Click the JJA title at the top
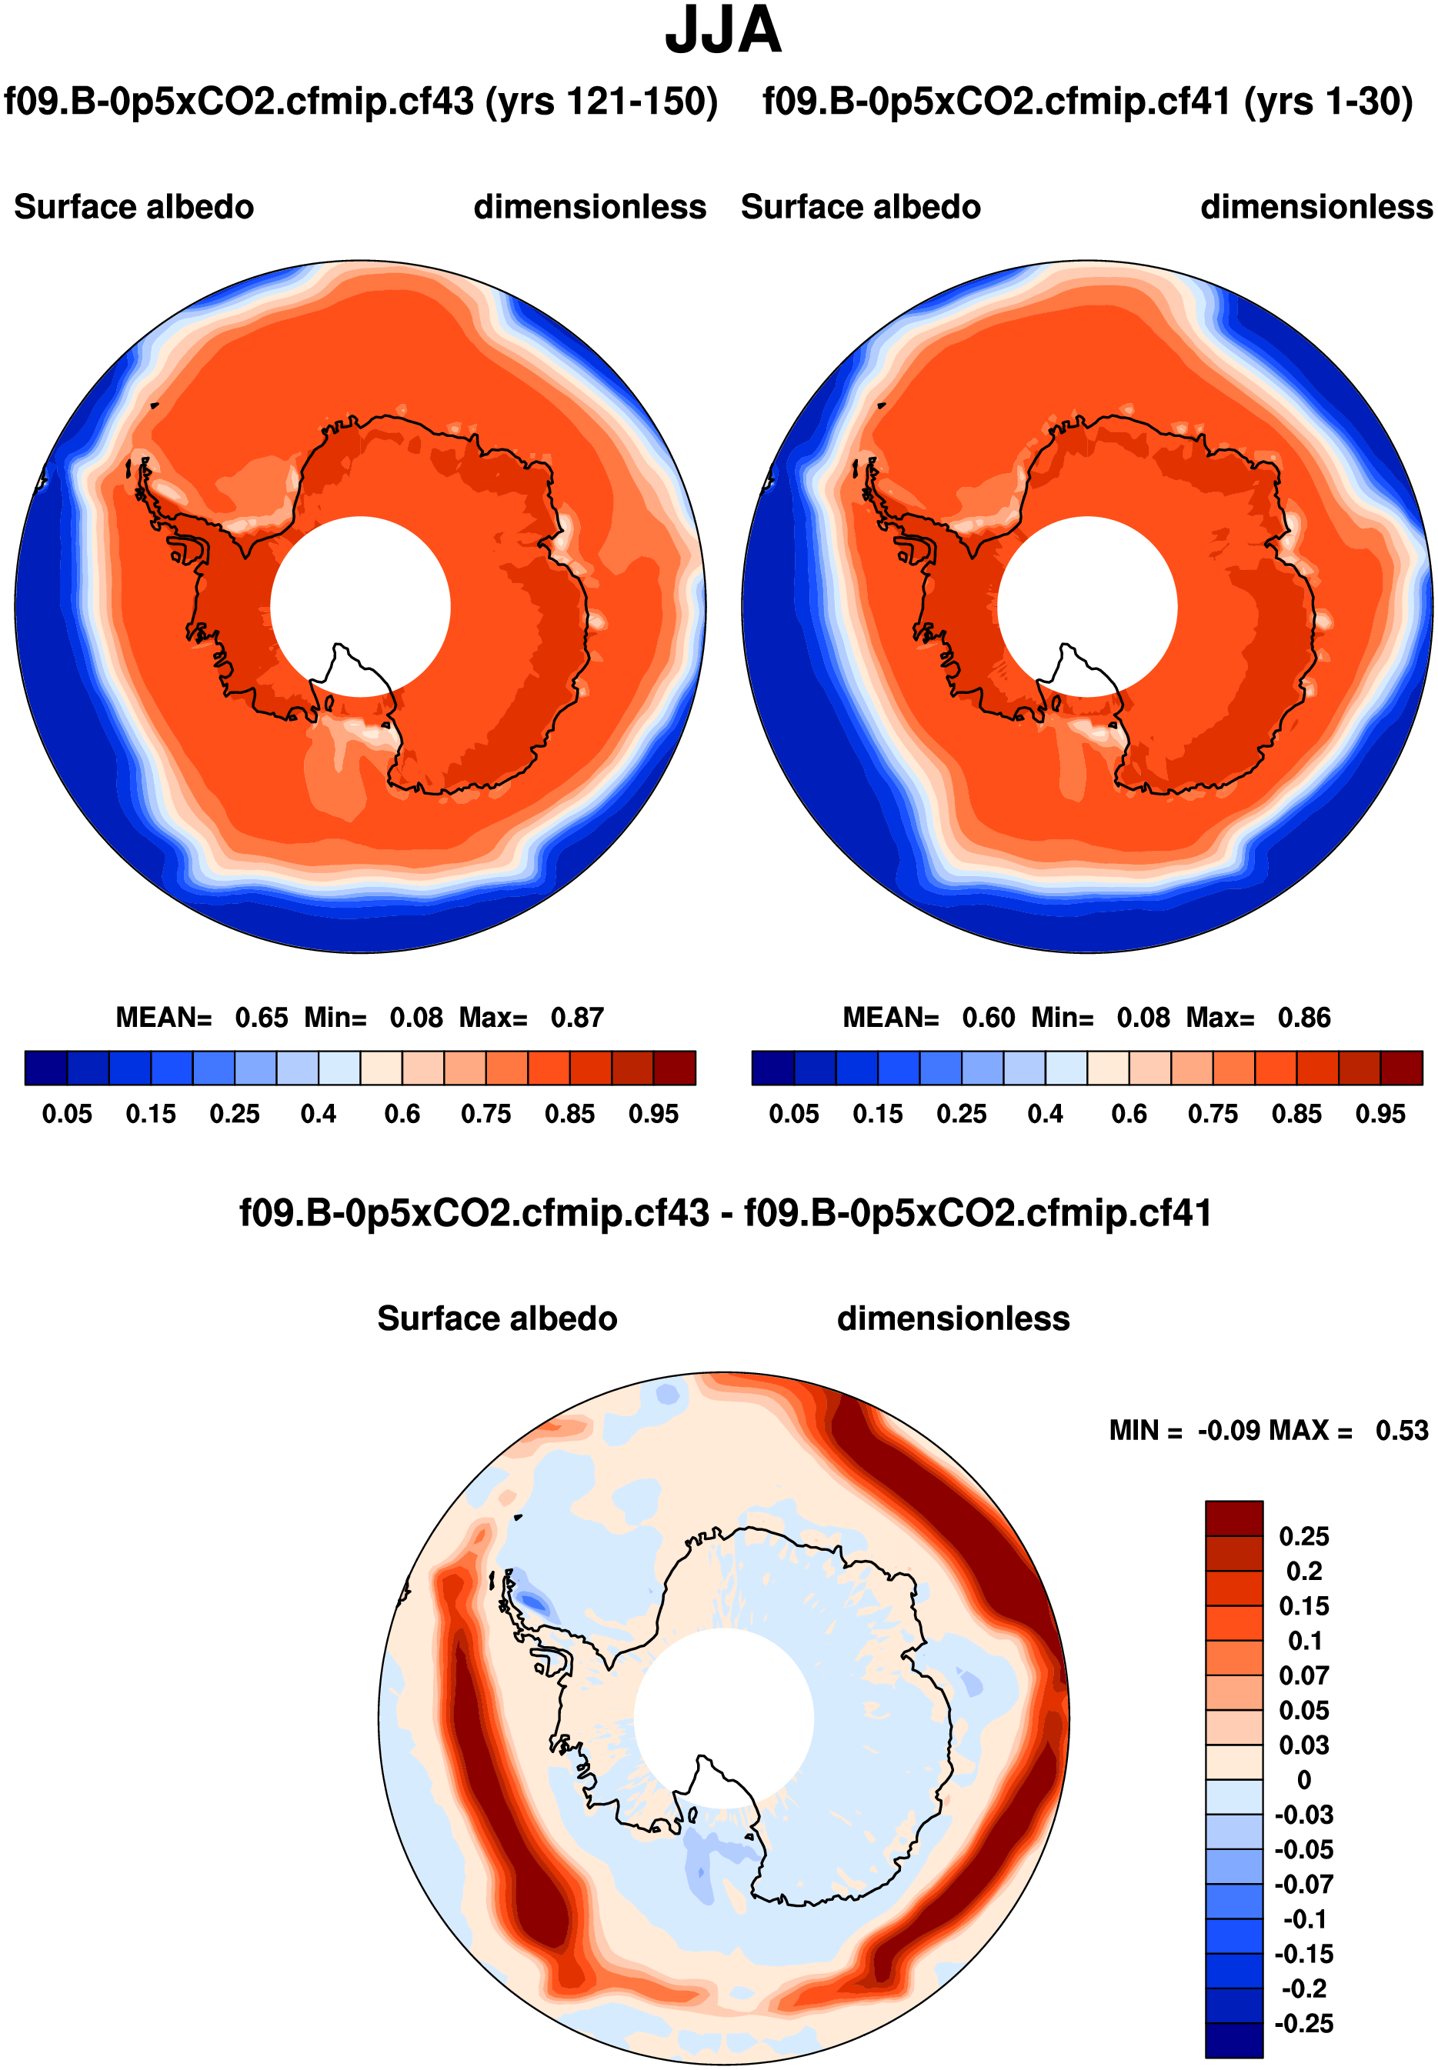coord(722,31)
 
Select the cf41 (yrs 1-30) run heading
coord(1087,101)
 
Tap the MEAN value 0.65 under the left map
coord(262,1018)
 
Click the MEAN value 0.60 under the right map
coord(989,1018)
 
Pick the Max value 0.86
coord(1304,1018)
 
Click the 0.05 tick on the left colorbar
coord(67,1115)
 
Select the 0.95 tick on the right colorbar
coord(1380,1115)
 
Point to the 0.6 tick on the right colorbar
coord(1129,1115)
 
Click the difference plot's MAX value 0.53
coord(1401,1431)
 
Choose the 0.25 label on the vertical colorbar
coord(1304,1536)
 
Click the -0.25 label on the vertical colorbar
coord(1304,2023)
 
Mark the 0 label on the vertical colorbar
coord(1304,1780)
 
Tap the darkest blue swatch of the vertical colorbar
coord(1233,2040)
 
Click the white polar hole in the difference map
coord(723,1718)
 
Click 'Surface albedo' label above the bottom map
coord(497,1318)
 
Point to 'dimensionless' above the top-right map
coord(1316,207)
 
